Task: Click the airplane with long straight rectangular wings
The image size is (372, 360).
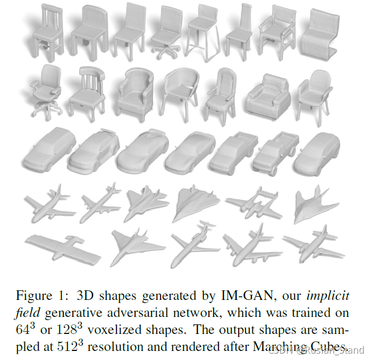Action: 63,249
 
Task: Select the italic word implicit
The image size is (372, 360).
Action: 330,296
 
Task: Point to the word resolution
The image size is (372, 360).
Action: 109,347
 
